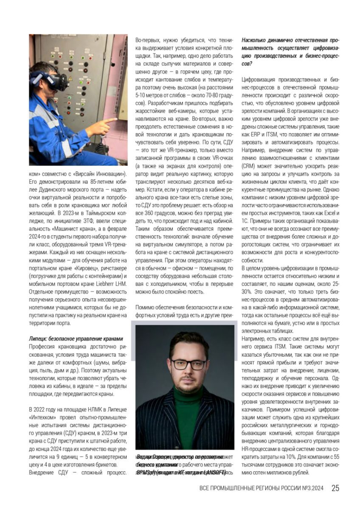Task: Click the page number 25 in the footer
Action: [x=335, y=488]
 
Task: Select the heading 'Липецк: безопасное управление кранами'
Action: [x=76, y=338]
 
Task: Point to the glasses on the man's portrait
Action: [x=185, y=364]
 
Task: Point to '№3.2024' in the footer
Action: [x=312, y=488]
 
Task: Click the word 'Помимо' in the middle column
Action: [x=146, y=306]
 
